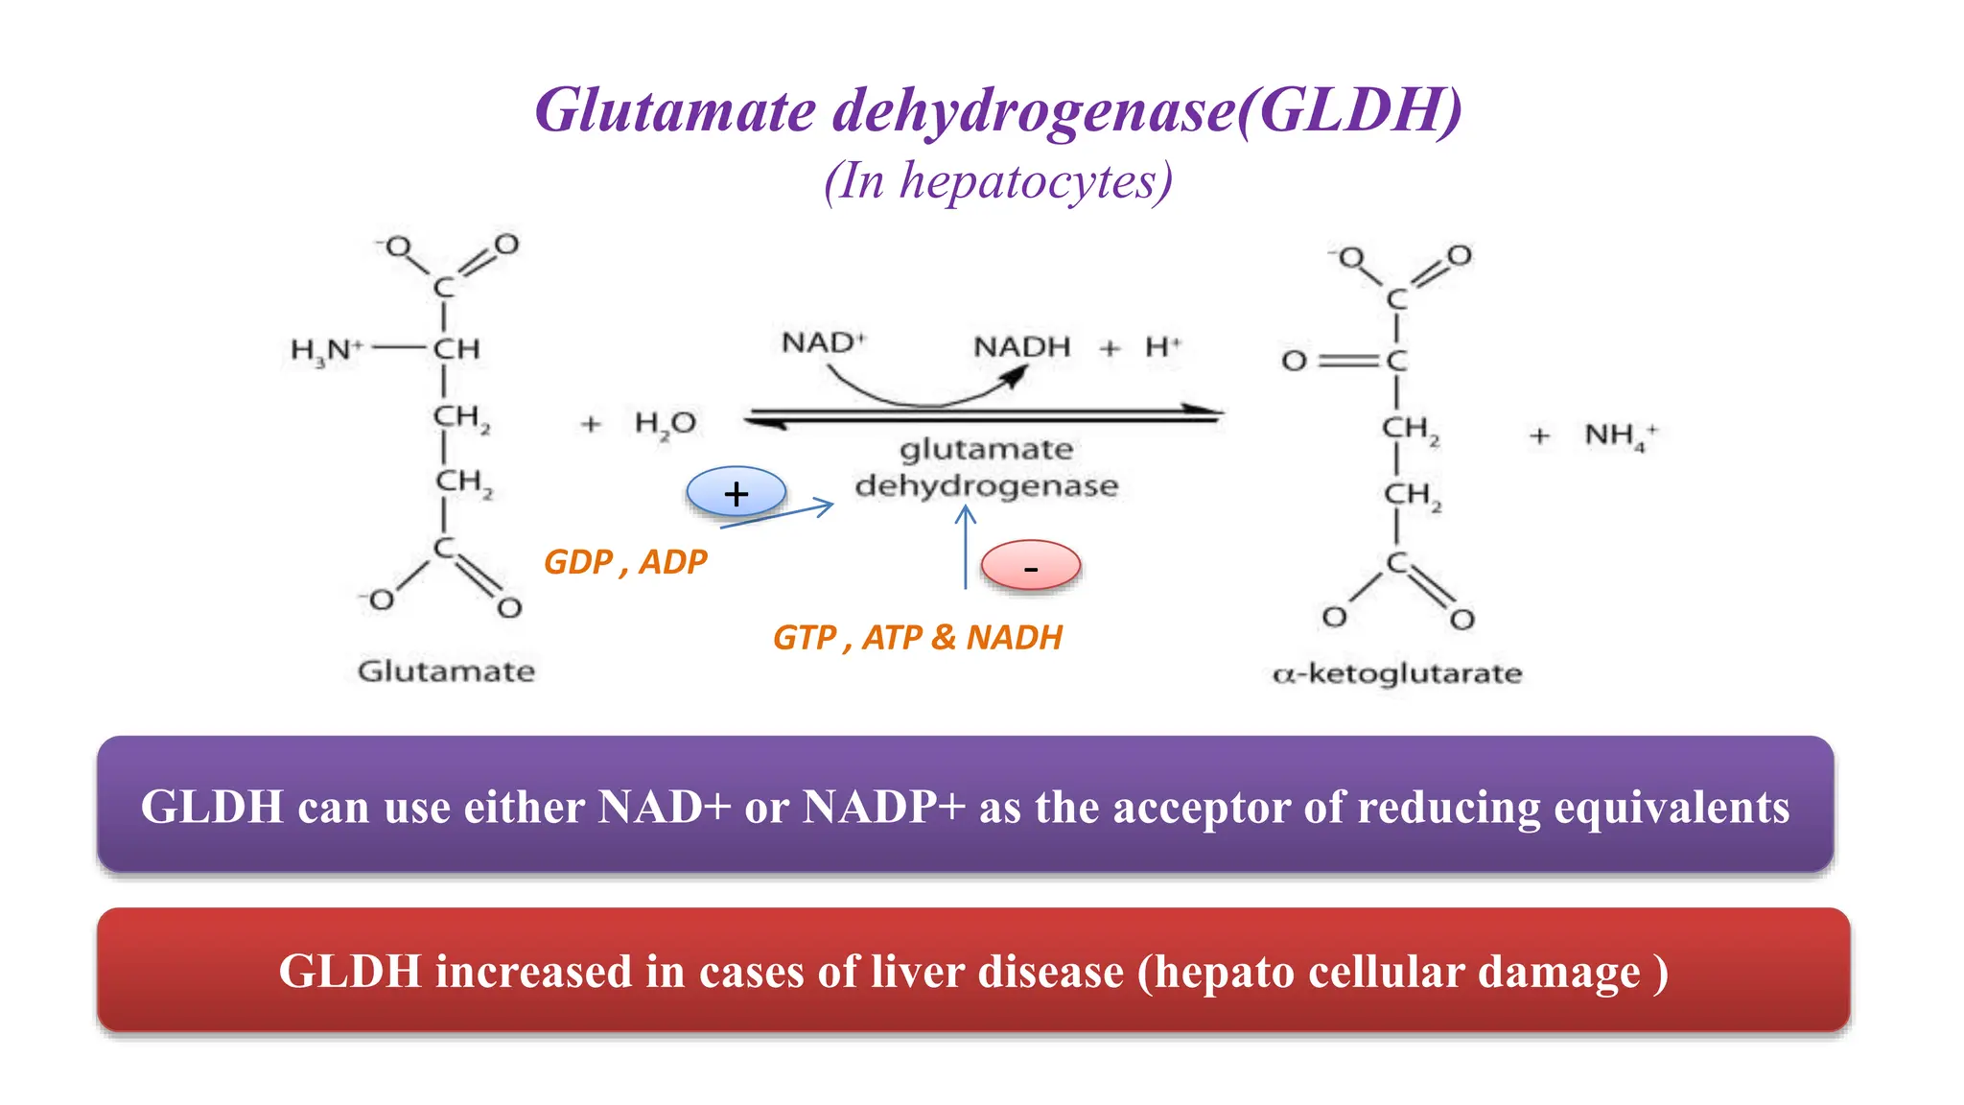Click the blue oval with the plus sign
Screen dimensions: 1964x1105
pos(736,493)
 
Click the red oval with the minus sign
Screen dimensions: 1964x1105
pos(1031,566)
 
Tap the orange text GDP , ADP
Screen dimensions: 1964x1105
pos(625,562)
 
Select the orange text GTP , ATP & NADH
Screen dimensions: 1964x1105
pos(918,638)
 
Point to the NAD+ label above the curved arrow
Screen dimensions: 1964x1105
pos(824,342)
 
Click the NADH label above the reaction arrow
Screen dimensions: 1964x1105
pos(1021,346)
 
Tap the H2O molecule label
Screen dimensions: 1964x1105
pos(666,424)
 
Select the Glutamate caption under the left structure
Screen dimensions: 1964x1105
pos(446,670)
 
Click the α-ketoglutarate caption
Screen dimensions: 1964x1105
pos(1397,673)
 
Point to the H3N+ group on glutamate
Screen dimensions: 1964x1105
pos(327,351)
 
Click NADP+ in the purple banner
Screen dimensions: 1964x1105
pos(884,807)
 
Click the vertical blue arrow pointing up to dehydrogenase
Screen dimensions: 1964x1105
pos(966,548)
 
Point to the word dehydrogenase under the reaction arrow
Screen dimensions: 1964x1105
pos(987,485)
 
